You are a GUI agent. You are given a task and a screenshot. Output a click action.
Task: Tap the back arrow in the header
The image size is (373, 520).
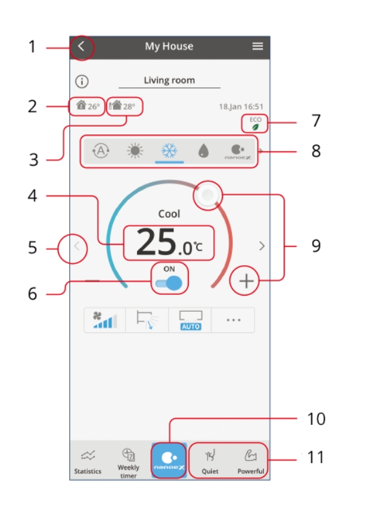(81, 47)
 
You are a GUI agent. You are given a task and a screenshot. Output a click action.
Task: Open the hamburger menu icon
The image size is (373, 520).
(257, 47)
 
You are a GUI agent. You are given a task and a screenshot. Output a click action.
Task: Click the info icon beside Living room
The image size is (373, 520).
(82, 82)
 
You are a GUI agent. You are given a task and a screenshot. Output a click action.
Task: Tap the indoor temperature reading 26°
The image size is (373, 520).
(87, 105)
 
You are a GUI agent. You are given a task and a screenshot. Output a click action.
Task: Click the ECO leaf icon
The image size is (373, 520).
(256, 127)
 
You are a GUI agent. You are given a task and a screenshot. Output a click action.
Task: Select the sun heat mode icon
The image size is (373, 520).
(135, 151)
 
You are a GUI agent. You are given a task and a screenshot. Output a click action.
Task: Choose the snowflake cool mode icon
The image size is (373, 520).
(169, 151)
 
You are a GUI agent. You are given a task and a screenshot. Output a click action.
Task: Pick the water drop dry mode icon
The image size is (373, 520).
(204, 151)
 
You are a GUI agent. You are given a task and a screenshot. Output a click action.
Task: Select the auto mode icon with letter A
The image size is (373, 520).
(100, 151)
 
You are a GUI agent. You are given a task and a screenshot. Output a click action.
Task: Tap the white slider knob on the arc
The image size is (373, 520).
(207, 195)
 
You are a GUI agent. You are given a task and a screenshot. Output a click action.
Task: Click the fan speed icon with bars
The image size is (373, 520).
(105, 320)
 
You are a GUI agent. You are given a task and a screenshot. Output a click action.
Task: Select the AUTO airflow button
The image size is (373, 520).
(191, 320)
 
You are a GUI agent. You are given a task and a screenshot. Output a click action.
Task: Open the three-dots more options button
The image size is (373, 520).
(233, 320)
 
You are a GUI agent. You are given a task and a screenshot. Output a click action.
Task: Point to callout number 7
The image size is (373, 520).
(315, 121)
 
